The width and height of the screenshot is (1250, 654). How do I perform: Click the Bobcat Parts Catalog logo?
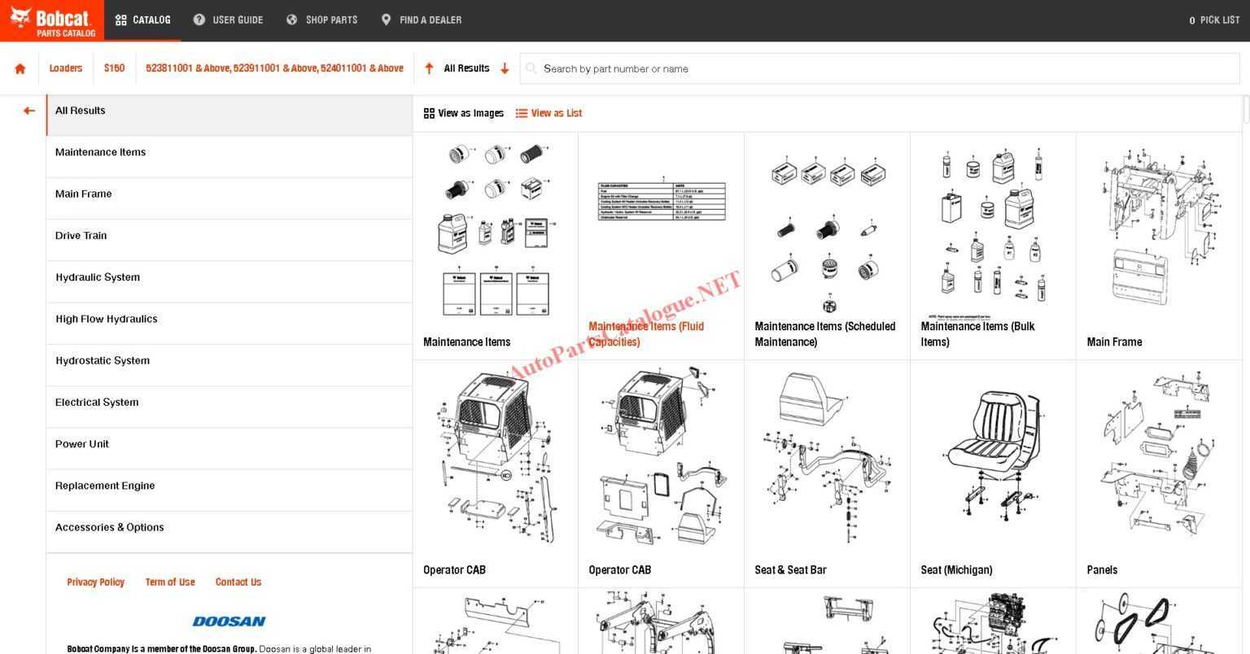pyautogui.click(x=52, y=20)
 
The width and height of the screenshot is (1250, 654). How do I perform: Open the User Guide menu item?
pyautogui.click(x=229, y=20)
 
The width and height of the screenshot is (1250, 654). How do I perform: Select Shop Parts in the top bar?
pyautogui.click(x=322, y=20)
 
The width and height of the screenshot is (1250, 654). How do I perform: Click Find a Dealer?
pyautogui.click(x=422, y=20)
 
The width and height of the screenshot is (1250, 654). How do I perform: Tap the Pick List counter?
pyautogui.click(x=1214, y=20)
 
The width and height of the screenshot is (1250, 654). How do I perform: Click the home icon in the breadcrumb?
pyautogui.click(x=20, y=68)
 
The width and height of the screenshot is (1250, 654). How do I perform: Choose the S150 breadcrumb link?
pyautogui.click(x=114, y=68)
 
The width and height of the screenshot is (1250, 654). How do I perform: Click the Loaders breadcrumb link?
pyautogui.click(x=66, y=68)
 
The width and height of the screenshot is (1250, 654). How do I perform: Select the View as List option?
pyautogui.click(x=549, y=113)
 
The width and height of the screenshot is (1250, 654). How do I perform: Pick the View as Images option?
pyautogui.click(x=464, y=113)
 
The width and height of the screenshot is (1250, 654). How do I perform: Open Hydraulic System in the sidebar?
pyautogui.click(x=98, y=277)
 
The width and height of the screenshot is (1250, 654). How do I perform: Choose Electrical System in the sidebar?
pyautogui.click(x=97, y=403)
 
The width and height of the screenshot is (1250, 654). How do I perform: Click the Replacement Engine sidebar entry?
pyautogui.click(x=105, y=486)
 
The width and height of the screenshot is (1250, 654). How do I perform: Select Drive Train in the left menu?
pyautogui.click(x=81, y=236)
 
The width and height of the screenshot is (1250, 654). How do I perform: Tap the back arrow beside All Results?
pyautogui.click(x=29, y=111)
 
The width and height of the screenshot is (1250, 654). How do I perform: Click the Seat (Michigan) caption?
pyautogui.click(x=956, y=570)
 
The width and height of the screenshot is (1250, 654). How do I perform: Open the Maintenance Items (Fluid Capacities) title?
pyautogui.click(x=646, y=334)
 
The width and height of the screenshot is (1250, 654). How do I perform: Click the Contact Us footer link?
pyautogui.click(x=238, y=582)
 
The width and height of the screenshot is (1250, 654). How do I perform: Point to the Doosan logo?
pyautogui.click(x=229, y=621)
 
